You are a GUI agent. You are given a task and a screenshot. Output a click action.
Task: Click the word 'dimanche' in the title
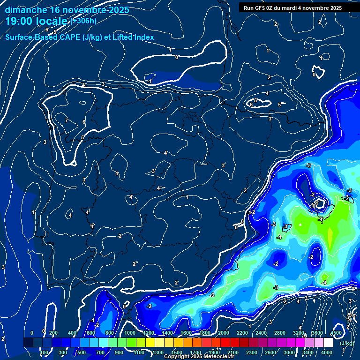pos(25,10)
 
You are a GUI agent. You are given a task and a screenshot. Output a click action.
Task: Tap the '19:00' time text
pos(20,21)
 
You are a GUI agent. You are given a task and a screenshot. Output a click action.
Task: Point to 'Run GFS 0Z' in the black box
pos(259,8)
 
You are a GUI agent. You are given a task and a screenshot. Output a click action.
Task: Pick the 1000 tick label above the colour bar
pos(130,333)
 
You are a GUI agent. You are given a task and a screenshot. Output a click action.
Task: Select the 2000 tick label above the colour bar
pos(224,333)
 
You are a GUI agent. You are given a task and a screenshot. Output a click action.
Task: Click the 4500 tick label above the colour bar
pos(336,333)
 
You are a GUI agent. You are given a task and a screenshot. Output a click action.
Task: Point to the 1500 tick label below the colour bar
pos(177,352)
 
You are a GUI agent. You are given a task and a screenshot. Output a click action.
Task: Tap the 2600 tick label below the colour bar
pos(270,352)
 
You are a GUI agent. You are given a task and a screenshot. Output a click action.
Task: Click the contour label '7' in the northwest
pos(67,121)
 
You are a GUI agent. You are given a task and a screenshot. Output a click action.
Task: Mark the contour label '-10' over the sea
pos(313,205)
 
